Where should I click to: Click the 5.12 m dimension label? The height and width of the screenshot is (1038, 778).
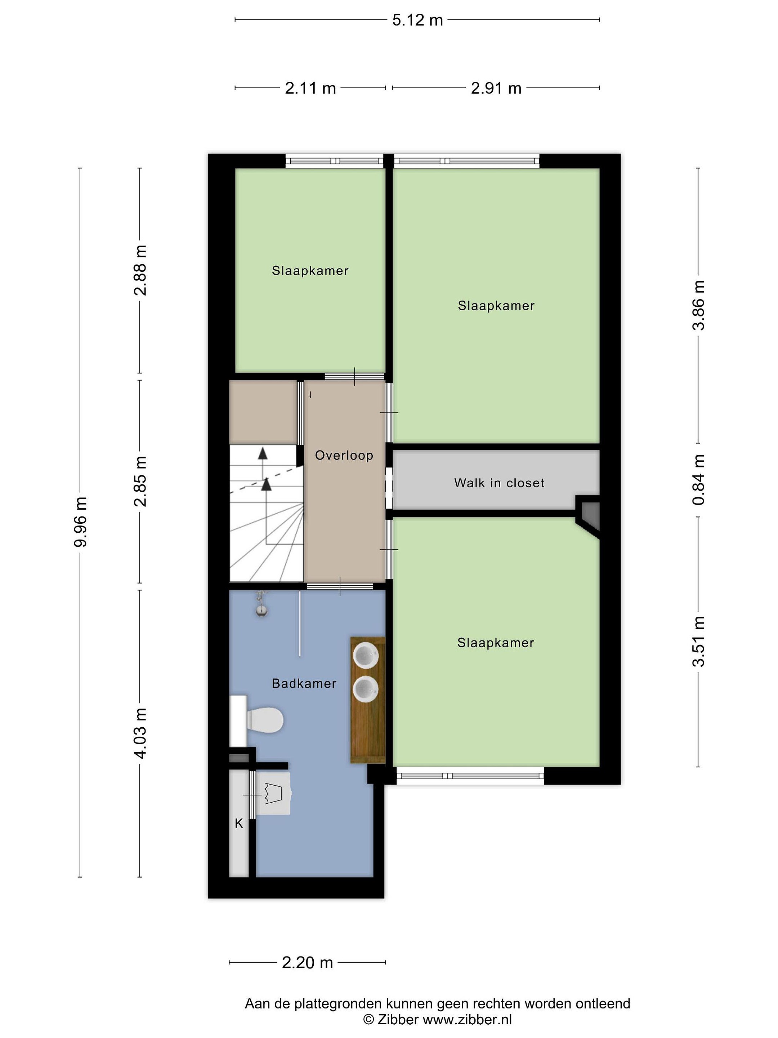pyautogui.click(x=417, y=20)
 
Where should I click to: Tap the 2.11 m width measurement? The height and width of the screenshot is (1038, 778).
pyautogui.click(x=310, y=88)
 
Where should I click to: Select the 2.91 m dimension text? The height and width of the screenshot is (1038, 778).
pyautogui.click(x=496, y=88)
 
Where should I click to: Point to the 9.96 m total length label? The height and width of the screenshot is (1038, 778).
pyautogui.click(x=80, y=522)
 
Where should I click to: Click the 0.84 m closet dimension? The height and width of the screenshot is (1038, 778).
pyautogui.click(x=698, y=480)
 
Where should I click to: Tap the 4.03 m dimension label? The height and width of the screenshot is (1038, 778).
pyautogui.click(x=140, y=733)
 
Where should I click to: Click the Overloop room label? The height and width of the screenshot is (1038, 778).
pyautogui.click(x=344, y=456)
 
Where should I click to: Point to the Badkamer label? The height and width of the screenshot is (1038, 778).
pyautogui.click(x=304, y=683)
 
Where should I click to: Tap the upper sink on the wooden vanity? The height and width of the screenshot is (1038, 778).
pyautogui.click(x=366, y=655)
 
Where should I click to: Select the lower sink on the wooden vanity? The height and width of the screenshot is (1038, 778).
pyautogui.click(x=366, y=689)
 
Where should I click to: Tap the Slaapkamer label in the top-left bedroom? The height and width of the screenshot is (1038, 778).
pyautogui.click(x=310, y=271)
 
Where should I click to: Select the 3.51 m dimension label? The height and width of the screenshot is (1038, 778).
pyautogui.click(x=698, y=642)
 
